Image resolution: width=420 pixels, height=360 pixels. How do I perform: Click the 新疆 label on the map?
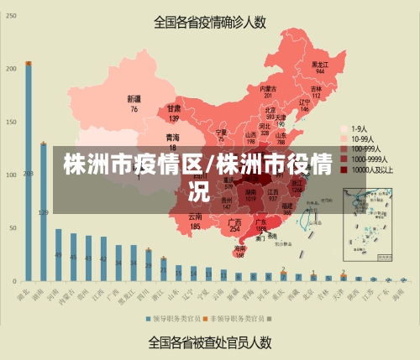point(134,103)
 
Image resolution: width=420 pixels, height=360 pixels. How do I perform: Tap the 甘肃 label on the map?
point(174,112)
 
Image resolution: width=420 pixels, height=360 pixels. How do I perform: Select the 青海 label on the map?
point(172,140)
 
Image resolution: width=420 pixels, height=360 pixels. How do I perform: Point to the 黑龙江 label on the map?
point(319,67)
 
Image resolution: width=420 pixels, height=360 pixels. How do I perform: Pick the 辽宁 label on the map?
point(304,105)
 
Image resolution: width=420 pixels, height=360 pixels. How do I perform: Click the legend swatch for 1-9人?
point(344,129)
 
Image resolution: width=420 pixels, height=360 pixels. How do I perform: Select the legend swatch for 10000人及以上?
point(344,169)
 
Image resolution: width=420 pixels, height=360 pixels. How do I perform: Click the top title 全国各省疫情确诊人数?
point(209,23)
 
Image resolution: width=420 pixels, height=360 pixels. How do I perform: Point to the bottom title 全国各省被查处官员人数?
point(209,342)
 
